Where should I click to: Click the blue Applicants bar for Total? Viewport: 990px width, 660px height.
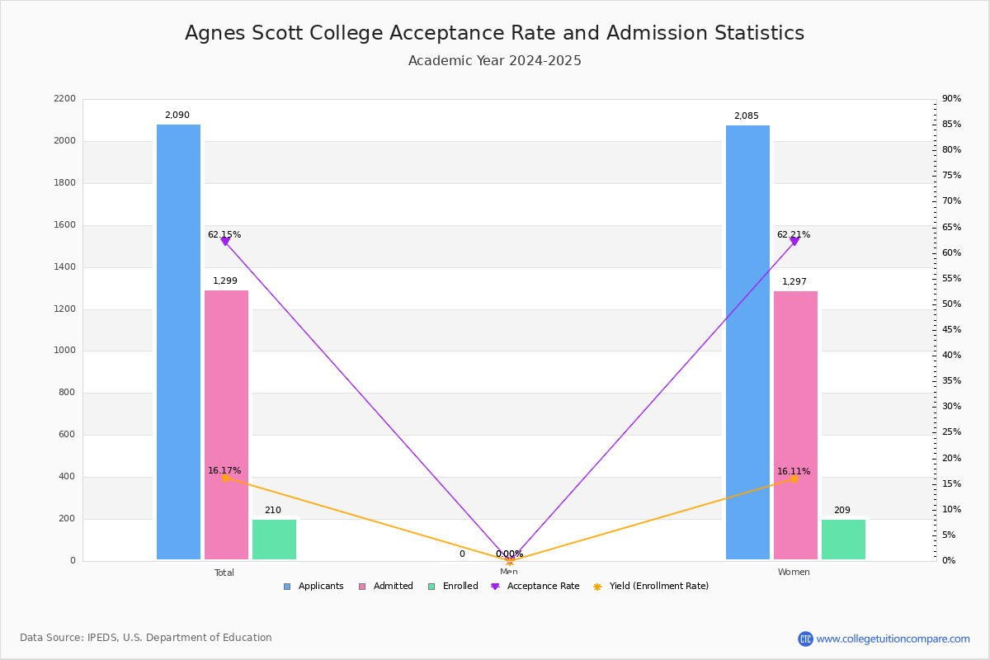(x=178, y=342)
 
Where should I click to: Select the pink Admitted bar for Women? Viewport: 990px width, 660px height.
(x=795, y=425)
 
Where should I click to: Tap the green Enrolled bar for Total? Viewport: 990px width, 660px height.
(x=274, y=540)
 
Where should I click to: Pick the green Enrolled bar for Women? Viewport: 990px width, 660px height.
(x=843, y=540)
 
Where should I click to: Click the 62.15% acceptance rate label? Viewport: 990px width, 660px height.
(x=224, y=235)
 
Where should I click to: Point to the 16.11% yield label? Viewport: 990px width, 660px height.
(x=793, y=472)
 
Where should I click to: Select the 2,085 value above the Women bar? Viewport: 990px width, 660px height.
(x=746, y=116)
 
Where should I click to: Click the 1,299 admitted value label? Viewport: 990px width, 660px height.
(x=225, y=281)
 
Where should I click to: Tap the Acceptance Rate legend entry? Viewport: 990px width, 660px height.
(x=535, y=587)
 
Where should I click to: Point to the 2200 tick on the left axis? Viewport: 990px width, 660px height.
(x=64, y=99)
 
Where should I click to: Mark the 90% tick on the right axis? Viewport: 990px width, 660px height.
(x=951, y=99)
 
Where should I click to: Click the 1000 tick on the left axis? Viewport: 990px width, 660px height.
(x=64, y=351)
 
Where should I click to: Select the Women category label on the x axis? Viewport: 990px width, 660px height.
(x=794, y=573)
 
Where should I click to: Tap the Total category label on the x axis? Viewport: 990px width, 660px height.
(x=224, y=573)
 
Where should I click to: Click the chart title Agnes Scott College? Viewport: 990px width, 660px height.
(x=494, y=33)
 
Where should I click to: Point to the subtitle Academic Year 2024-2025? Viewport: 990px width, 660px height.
(x=494, y=61)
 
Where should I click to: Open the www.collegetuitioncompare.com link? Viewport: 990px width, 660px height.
(x=893, y=639)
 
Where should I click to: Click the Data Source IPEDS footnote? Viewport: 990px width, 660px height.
(x=146, y=638)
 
